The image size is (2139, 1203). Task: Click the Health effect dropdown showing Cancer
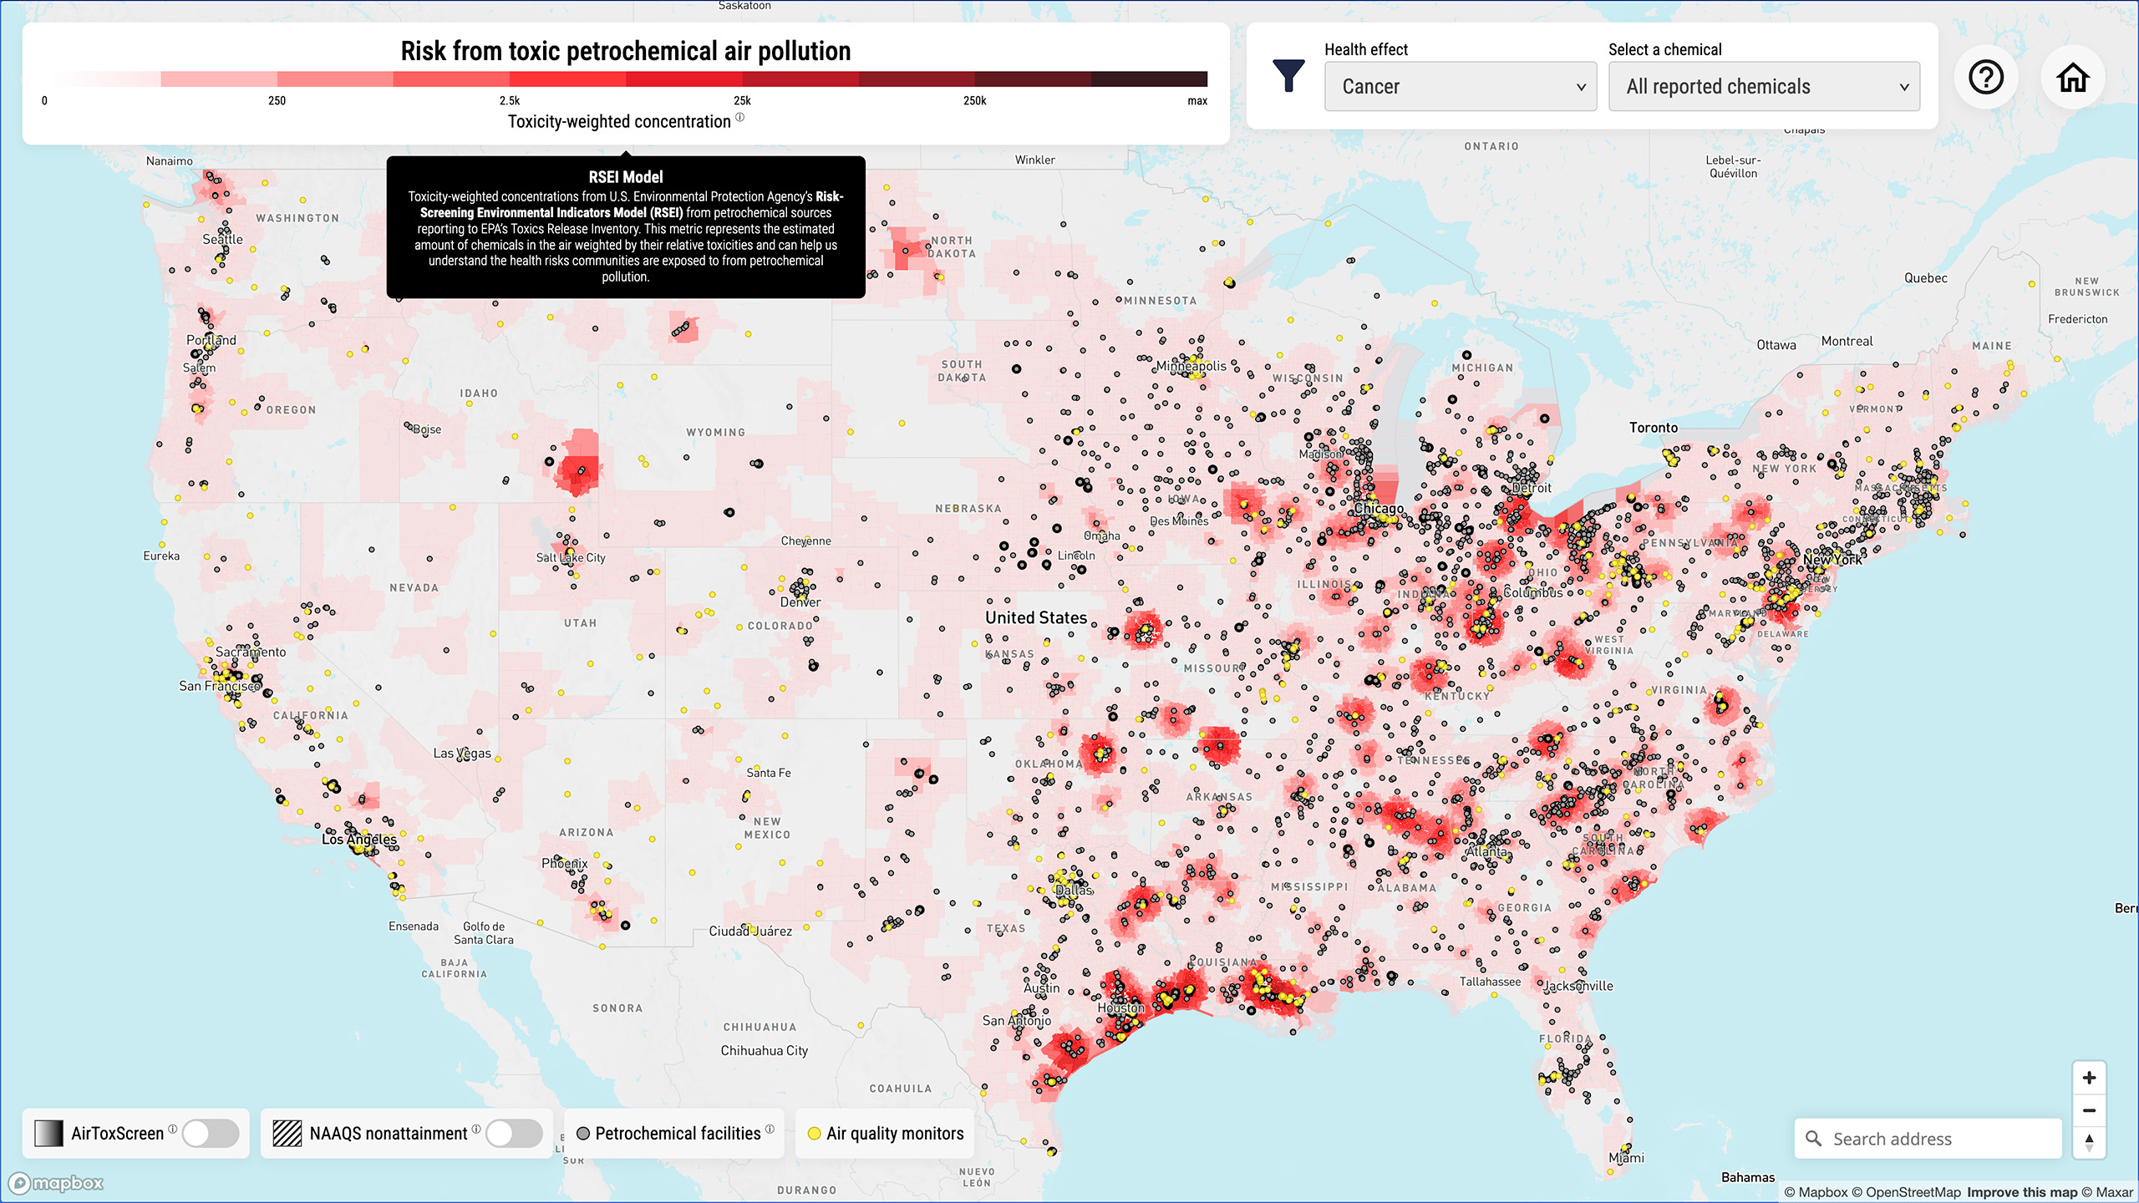tap(1460, 86)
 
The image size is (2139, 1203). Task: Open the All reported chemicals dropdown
tap(1764, 86)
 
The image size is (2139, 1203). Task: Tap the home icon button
tap(2072, 78)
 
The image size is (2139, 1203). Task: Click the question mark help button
tap(1985, 78)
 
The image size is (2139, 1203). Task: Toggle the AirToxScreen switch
tap(211, 1133)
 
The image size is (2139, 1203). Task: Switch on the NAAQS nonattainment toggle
tap(514, 1133)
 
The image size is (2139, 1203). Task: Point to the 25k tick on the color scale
tap(742, 100)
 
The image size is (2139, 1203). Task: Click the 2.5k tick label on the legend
tap(510, 100)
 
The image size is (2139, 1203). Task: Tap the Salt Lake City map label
tap(571, 557)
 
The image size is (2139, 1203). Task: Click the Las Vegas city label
tap(462, 753)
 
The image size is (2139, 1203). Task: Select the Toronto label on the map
tap(1653, 427)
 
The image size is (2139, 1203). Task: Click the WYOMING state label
tap(715, 432)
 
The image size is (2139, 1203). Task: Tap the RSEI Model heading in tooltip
tap(625, 176)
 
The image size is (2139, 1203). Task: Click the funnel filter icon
tap(1288, 76)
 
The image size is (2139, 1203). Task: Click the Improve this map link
tap(2021, 1192)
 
